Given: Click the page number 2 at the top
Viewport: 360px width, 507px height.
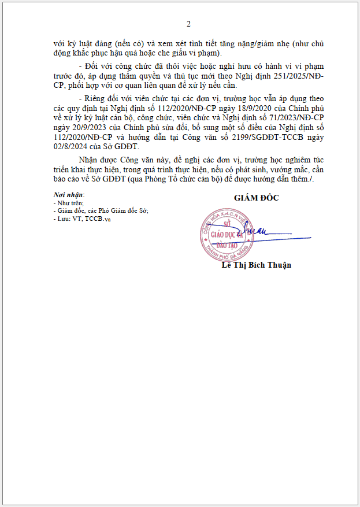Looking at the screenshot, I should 188,24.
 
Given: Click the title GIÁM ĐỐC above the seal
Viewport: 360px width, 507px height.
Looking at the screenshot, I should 256,198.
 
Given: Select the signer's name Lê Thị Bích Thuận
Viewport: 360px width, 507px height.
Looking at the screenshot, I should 256,265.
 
